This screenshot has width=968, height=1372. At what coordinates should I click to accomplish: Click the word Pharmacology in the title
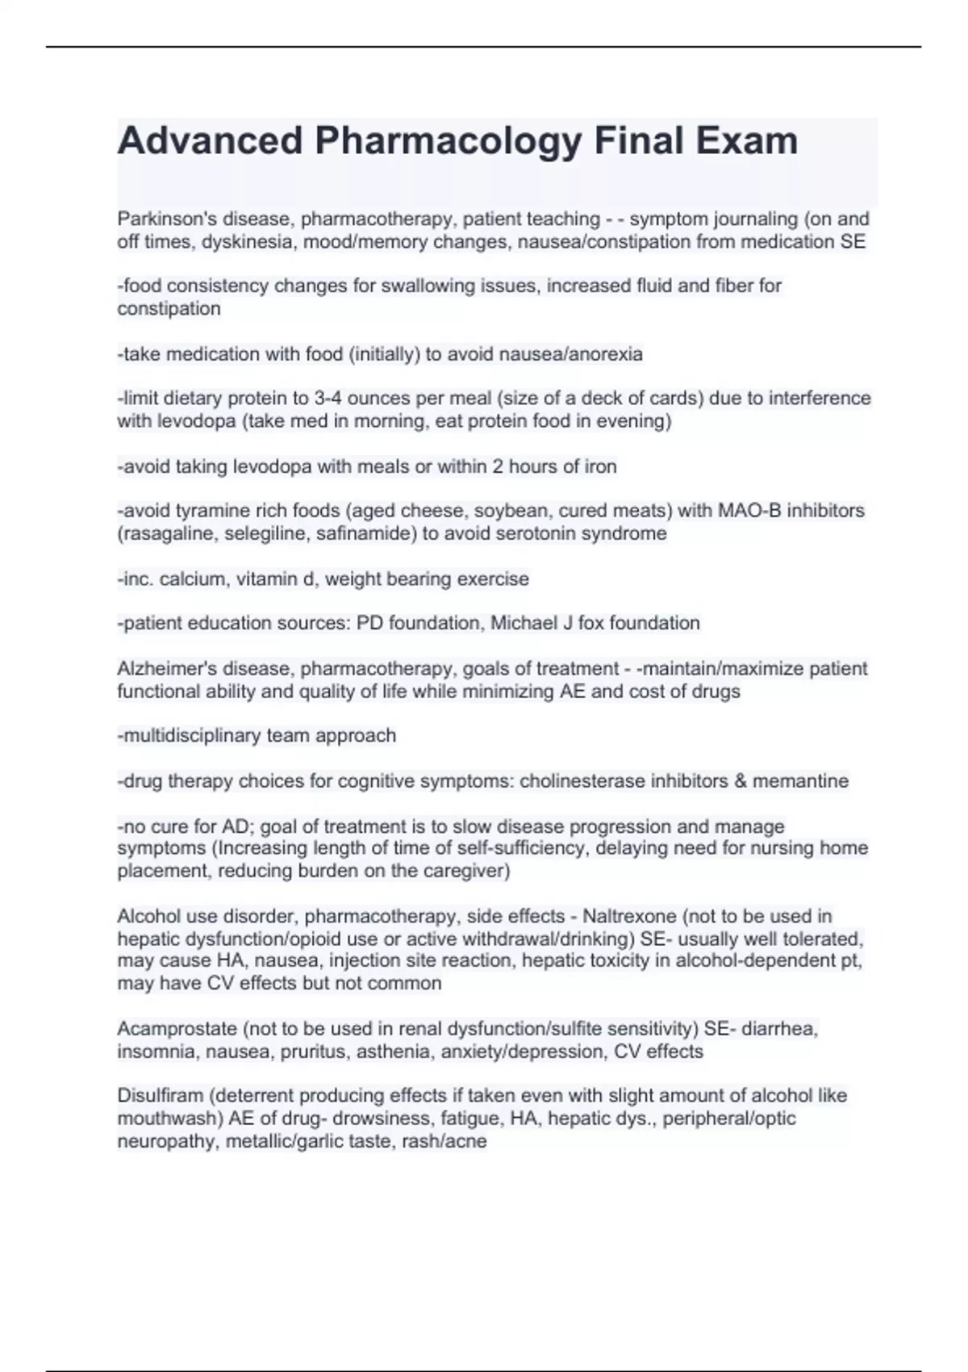pyautogui.click(x=448, y=141)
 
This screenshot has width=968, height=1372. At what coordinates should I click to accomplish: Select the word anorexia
pyautogui.click(x=605, y=354)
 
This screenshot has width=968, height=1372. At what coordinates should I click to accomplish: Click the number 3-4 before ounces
pyautogui.click(x=328, y=398)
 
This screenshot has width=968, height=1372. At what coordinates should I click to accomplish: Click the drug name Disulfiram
pyautogui.click(x=160, y=1096)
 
